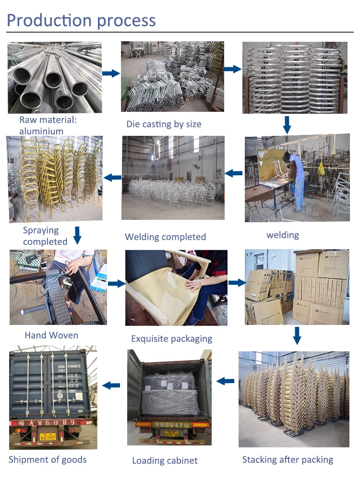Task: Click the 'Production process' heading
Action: [81, 20]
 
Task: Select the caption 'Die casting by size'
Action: [164, 124]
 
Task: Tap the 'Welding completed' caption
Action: [165, 237]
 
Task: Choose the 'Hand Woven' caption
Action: [51, 335]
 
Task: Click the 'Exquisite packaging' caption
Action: [171, 338]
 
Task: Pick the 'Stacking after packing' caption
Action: [288, 459]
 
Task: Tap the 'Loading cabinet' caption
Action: [165, 461]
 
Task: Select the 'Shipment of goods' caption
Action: [48, 459]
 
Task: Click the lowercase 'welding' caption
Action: [283, 235]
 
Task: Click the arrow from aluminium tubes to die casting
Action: [111, 73]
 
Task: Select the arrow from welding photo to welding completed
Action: [234, 173]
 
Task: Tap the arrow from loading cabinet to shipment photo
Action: [111, 384]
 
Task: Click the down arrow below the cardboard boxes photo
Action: [297, 336]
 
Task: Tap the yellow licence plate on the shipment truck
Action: [48, 436]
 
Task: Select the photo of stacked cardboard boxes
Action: [296, 287]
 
